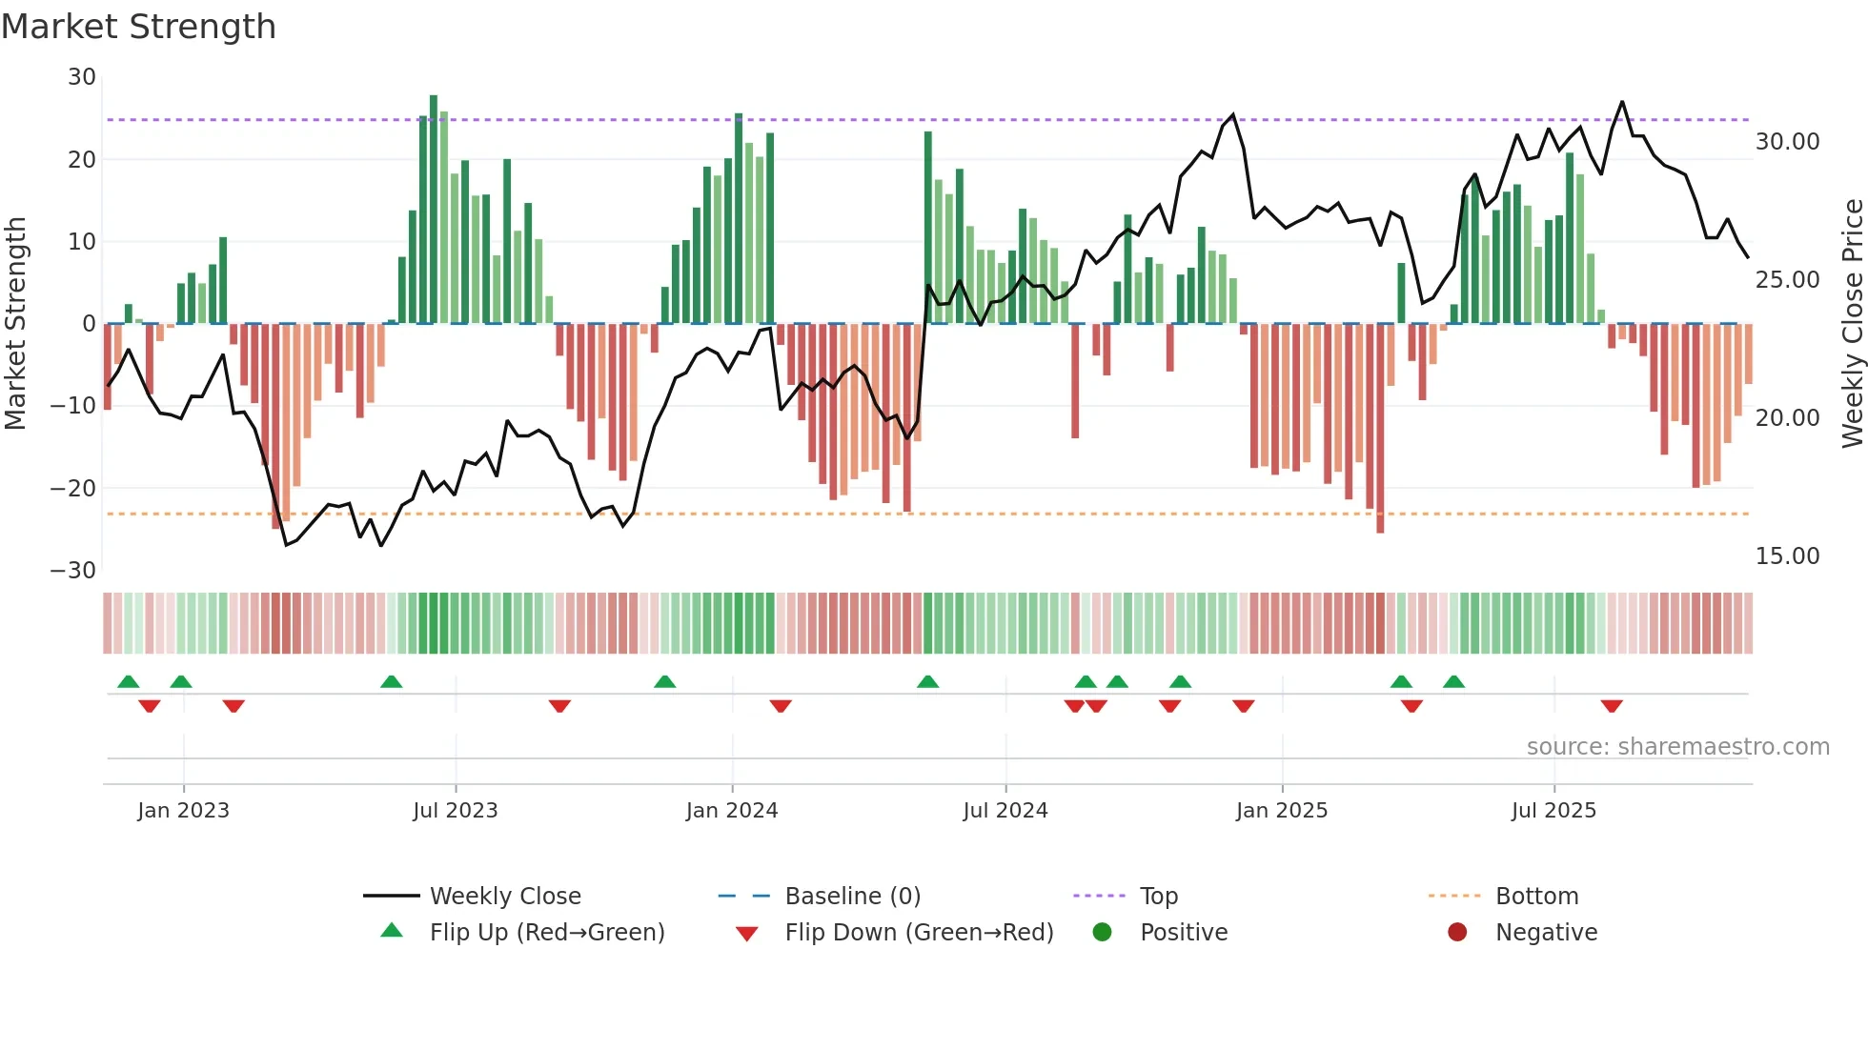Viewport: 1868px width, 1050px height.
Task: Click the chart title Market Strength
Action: (x=138, y=27)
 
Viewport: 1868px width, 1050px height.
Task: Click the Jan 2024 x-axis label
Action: (x=731, y=811)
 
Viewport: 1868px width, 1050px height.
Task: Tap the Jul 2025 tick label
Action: (x=1553, y=811)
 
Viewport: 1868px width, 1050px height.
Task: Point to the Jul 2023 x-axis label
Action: (x=455, y=811)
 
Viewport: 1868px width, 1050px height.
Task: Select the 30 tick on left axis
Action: (x=82, y=77)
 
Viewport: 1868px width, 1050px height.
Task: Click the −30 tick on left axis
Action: (x=73, y=571)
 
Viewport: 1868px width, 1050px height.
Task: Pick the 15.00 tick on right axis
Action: (x=1787, y=556)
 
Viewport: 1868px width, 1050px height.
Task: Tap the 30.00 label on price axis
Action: (x=1787, y=142)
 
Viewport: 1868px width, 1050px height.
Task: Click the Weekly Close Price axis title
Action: (x=1852, y=324)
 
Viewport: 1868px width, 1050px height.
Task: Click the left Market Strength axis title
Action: (x=15, y=324)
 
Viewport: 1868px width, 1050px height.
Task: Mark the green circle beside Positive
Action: (x=1102, y=933)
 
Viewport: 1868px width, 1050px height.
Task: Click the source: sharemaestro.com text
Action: (x=1677, y=747)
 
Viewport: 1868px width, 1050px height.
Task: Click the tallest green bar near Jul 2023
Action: (x=434, y=210)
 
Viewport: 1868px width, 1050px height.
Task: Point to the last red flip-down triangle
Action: (x=1612, y=706)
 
